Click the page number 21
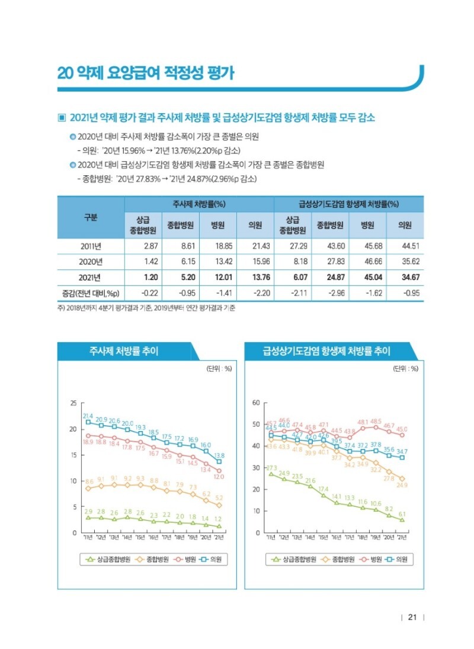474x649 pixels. pyautogui.click(x=412, y=617)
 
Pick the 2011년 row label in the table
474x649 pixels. pyautogui.click(x=91, y=246)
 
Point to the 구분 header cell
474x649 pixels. pyautogui.click(x=91, y=217)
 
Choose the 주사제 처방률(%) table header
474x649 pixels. pyautogui.click(x=199, y=203)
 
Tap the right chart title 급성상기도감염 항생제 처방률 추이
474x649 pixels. pyautogui.click(x=326, y=351)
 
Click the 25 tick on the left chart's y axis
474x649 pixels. pyautogui.click(x=73, y=403)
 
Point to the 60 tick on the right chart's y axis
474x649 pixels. pyautogui.click(x=256, y=403)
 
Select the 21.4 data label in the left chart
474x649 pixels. pyautogui.click(x=88, y=416)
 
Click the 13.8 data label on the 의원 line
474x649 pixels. pyautogui.click(x=219, y=455)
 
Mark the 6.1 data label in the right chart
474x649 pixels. pyautogui.click(x=402, y=513)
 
